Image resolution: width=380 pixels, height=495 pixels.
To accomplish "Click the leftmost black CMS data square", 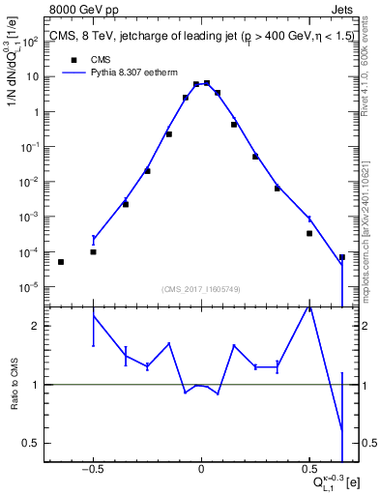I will tap(61, 262).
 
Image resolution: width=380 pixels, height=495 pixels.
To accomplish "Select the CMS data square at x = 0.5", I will tap(309, 233).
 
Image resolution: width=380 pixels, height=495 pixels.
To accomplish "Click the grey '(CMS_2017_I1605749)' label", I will tap(201, 289).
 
